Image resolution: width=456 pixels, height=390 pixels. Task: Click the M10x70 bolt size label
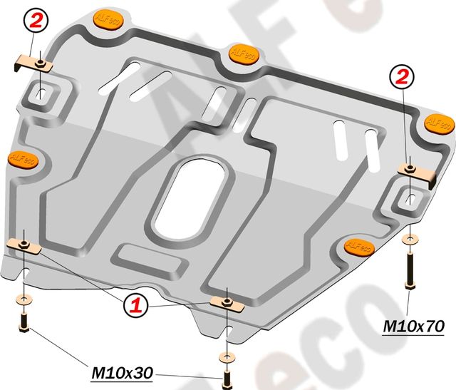413,326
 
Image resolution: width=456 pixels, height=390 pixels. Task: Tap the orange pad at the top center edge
242,54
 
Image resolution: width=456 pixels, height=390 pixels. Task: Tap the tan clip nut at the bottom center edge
227,304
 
